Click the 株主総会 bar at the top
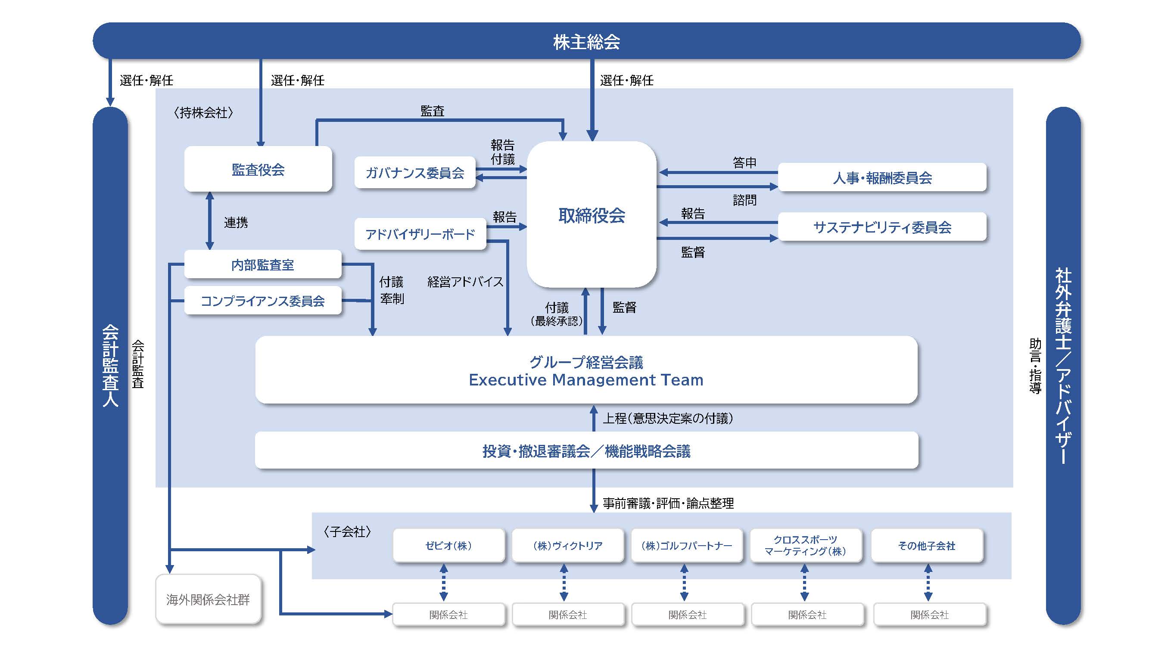click(x=586, y=41)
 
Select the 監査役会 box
click(x=258, y=169)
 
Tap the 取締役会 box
click(x=592, y=215)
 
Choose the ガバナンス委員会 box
click(x=415, y=173)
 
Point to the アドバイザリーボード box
click(x=420, y=234)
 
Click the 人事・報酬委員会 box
click(x=882, y=178)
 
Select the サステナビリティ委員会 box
click(x=882, y=227)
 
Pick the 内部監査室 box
click(x=262, y=265)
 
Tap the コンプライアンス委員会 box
click(x=262, y=301)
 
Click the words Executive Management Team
click(x=585, y=380)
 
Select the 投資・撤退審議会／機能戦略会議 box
click(x=586, y=451)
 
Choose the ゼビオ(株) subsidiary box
click(x=448, y=545)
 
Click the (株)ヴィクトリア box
click(x=567, y=545)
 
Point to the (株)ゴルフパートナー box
click(x=686, y=545)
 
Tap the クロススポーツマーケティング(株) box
click(x=805, y=545)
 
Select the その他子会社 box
click(x=926, y=545)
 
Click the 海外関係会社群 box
click(x=208, y=599)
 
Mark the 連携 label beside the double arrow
click(x=236, y=222)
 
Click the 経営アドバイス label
click(x=465, y=282)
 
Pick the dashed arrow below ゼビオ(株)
click(x=443, y=582)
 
